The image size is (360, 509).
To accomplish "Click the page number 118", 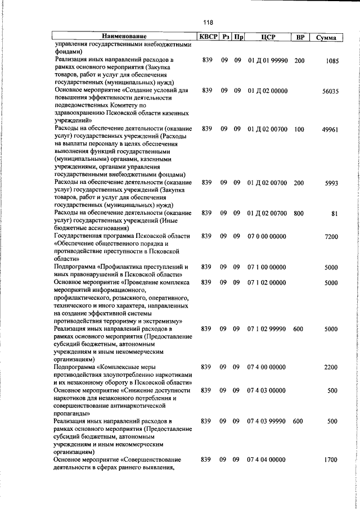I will pos(208,22).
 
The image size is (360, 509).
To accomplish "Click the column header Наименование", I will pos(124,37).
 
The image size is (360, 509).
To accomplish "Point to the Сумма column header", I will pos(326,38).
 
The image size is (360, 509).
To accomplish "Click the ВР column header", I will pos(300,37).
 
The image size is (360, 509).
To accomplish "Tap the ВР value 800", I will pos(299,213).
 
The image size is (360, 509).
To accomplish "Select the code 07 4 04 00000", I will pos(266,460).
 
